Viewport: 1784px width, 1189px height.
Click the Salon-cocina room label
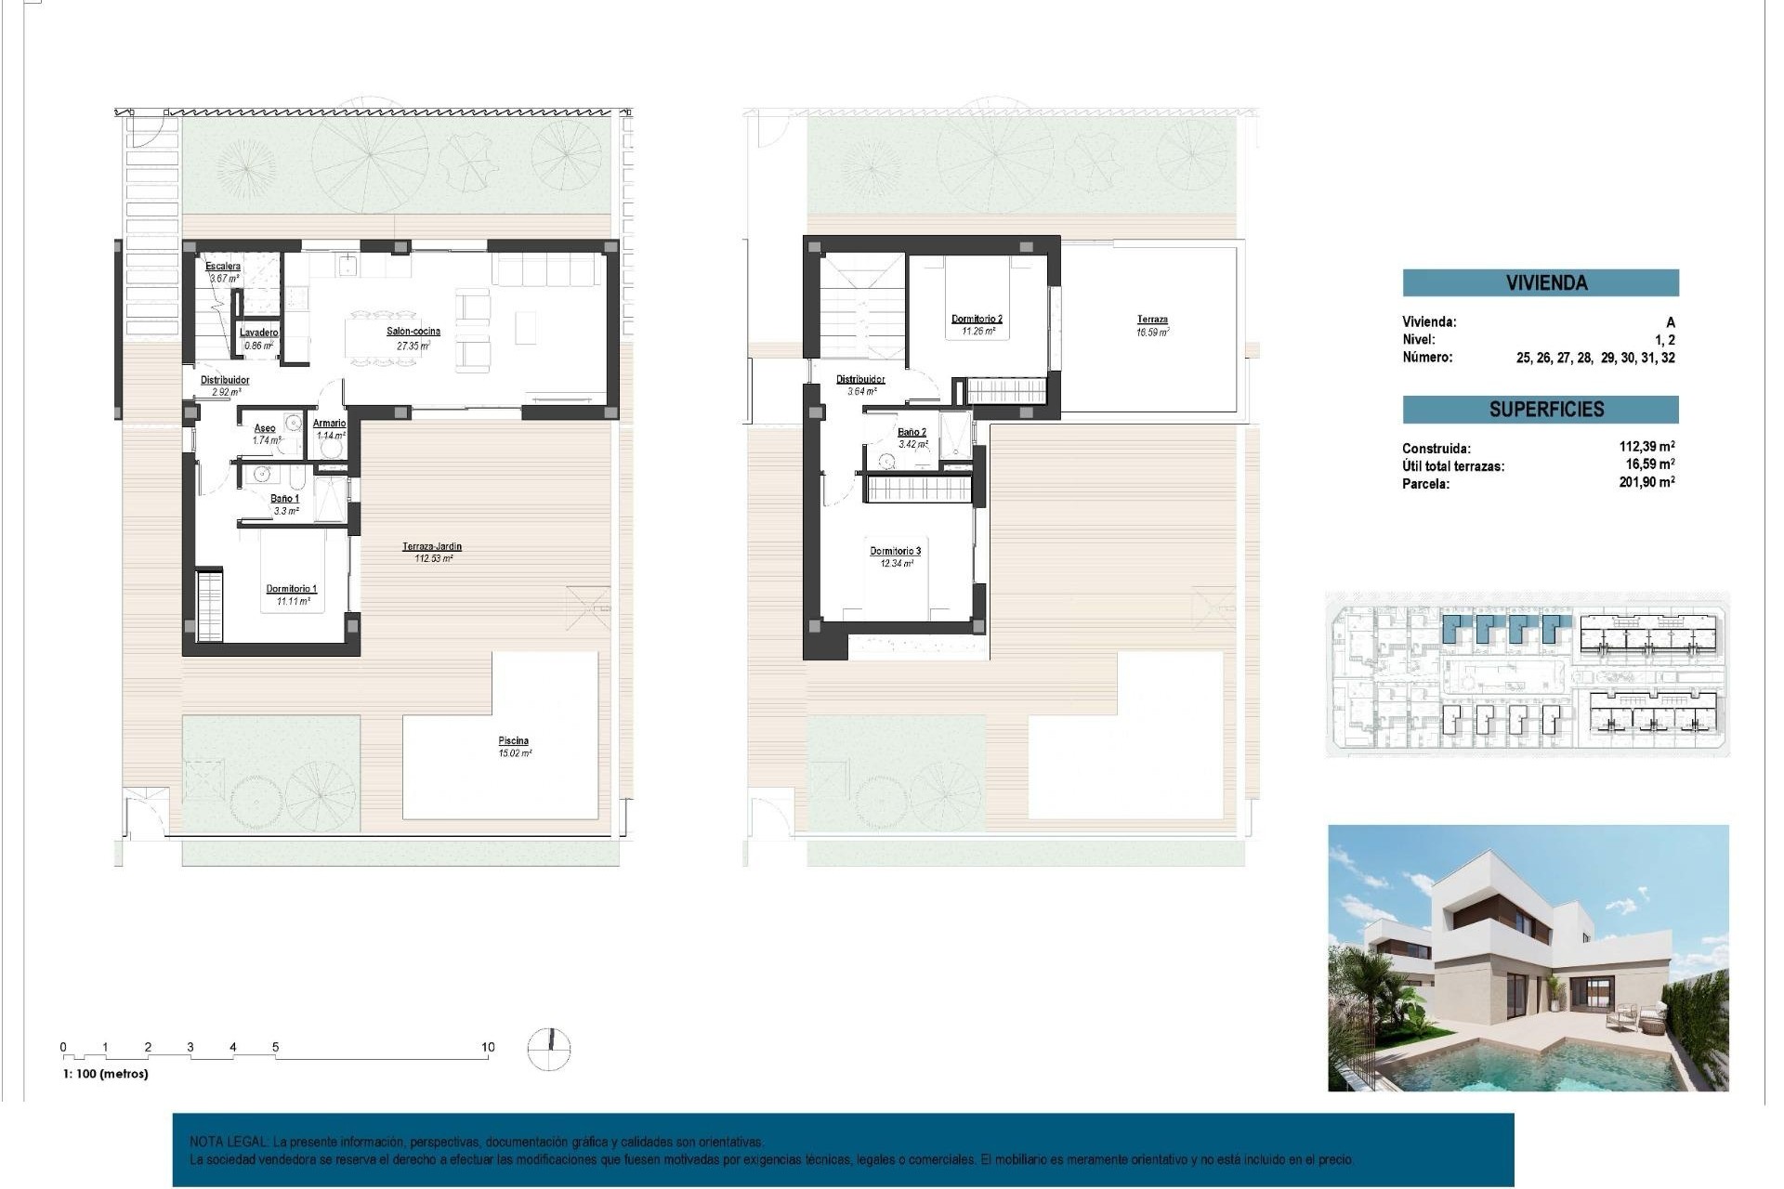(413, 332)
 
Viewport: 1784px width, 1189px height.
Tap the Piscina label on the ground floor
(513, 741)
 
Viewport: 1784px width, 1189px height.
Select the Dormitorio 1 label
(292, 589)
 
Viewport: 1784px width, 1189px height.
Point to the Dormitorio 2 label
(977, 320)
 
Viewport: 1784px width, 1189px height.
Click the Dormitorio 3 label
(895, 552)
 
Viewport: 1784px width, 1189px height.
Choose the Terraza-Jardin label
(432, 547)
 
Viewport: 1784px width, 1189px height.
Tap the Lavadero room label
(258, 333)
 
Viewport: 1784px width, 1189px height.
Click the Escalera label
(223, 267)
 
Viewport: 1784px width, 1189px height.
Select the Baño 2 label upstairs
(912, 432)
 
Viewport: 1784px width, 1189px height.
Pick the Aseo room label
(265, 428)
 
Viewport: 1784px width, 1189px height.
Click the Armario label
(330, 424)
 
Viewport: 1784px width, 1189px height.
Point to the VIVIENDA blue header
(1546, 283)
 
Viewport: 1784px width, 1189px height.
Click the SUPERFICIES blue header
(1546, 410)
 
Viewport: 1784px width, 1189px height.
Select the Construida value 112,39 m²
(1646, 447)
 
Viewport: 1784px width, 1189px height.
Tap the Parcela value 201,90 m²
(1646, 482)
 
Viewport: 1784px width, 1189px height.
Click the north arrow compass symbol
(549, 1049)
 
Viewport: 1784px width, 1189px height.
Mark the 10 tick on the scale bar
(488, 1048)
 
